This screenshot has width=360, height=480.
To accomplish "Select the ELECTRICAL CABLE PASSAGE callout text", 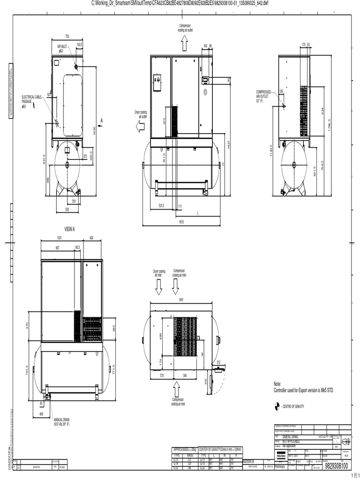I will (x=31, y=101).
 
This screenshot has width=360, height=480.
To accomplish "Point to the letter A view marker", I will (x=101, y=120).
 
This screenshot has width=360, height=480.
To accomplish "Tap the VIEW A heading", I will (x=69, y=230).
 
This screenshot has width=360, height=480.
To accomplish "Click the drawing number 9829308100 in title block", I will (x=336, y=466).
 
